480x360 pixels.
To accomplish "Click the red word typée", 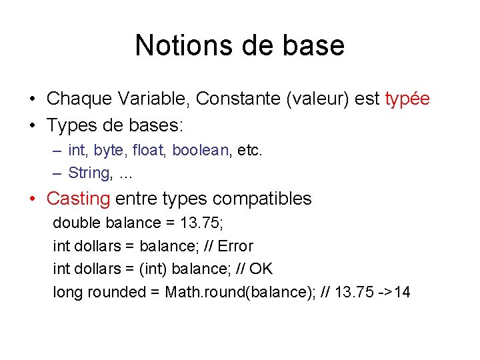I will pyautogui.click(x=407, y=99).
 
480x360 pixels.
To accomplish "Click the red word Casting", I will pyautogui.click(x=78, y=199).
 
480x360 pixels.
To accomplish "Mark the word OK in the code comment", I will pyautogui.click(x=261, y=269).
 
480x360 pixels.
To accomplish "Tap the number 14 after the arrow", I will pyautogui.click(x=402, y=292).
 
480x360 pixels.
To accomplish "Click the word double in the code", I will pyautogui.click(x=73, y=223).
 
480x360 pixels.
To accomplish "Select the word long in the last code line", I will pyautogui.click(x=65, y=292).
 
